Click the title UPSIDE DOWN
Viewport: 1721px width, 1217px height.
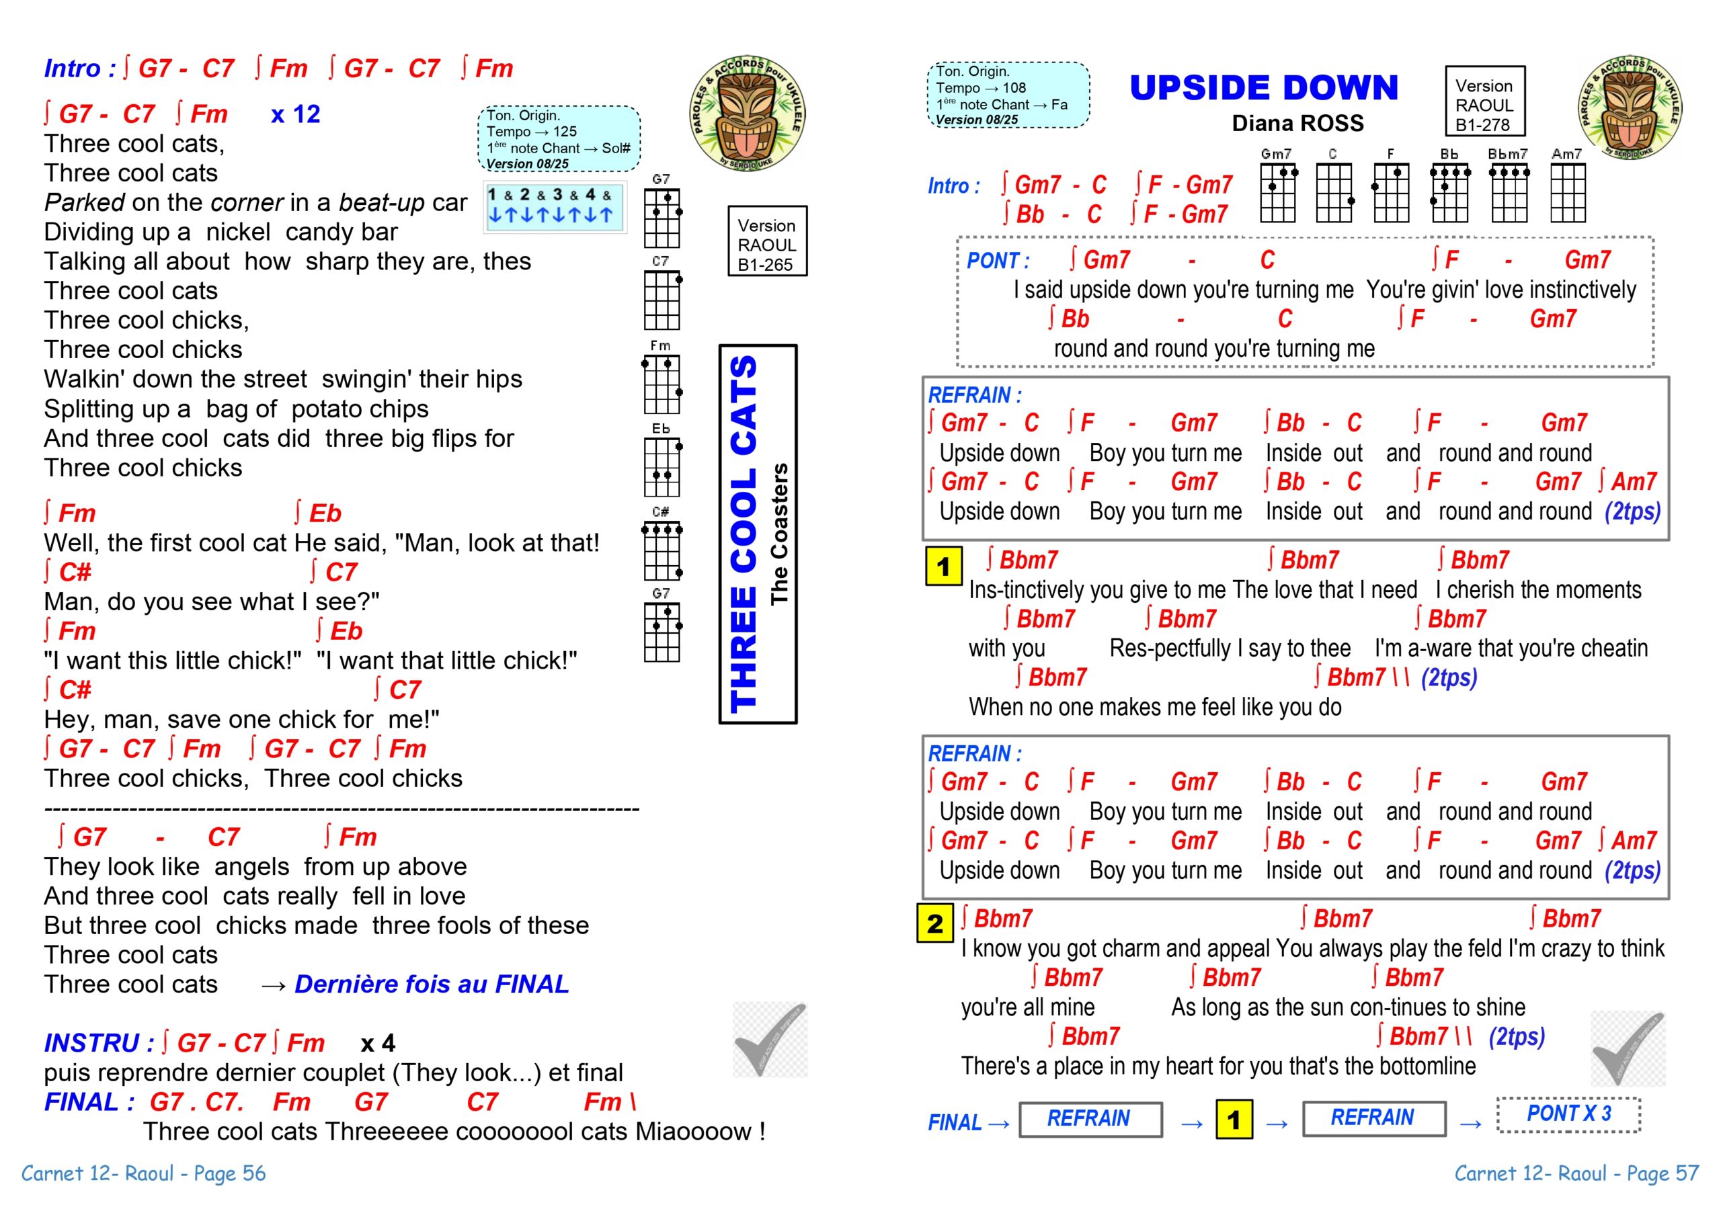1264,89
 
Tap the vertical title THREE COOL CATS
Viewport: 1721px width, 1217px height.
744,534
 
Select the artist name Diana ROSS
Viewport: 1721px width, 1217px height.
1297,124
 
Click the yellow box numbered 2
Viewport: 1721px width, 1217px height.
934,923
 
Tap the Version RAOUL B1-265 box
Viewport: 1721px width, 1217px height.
767,242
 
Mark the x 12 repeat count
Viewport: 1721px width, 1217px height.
295,115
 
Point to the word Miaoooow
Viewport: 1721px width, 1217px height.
694,1132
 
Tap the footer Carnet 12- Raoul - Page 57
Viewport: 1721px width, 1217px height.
1576,1173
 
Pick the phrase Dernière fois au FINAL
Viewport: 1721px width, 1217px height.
432,984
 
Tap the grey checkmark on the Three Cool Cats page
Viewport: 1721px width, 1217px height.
770,1040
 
